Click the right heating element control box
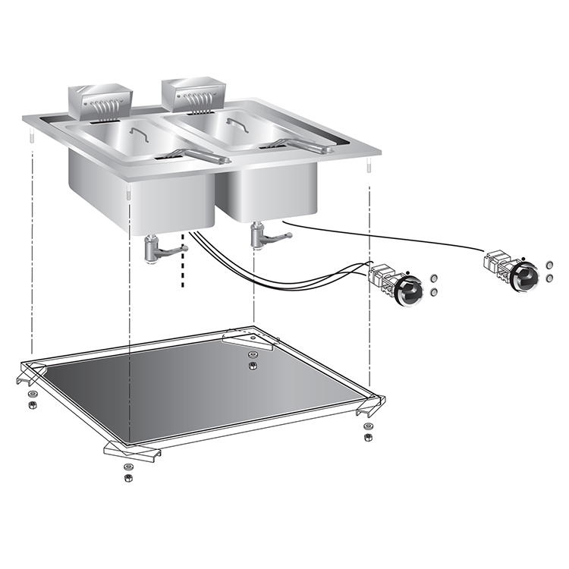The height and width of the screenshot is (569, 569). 194,95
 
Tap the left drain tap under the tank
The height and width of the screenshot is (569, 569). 156,250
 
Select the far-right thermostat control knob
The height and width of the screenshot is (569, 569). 523,278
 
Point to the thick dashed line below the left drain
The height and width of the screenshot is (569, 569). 183,276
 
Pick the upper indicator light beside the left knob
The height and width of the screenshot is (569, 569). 433,278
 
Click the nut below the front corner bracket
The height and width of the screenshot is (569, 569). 127,478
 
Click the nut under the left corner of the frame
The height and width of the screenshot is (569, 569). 31,405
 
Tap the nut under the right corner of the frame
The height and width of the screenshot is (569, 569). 368,437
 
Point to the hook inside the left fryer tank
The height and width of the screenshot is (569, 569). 139,134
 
